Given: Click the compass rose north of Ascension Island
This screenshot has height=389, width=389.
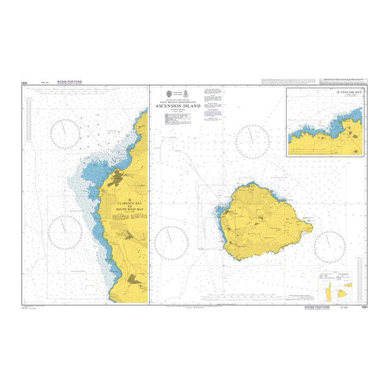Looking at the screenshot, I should (252, 140).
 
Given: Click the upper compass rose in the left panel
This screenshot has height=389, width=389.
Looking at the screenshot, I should (67, 134).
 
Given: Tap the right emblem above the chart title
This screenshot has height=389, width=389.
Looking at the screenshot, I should (188, 93).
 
